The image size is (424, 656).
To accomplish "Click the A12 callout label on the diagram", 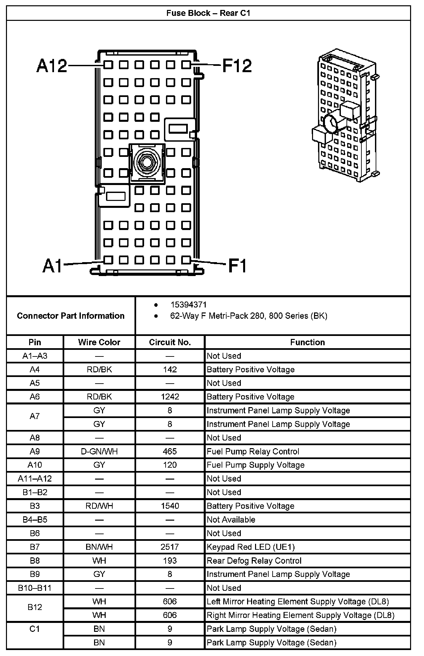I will [51, 66].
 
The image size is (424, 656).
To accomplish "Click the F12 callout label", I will [237, 66].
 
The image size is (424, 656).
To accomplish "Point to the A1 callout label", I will [53, 265].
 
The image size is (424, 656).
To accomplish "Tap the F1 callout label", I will [238, 265].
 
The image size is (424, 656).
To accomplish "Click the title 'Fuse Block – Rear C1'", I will [208, 13].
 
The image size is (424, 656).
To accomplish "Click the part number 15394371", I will [188, 305].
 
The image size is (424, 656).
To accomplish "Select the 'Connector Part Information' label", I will [71, 316].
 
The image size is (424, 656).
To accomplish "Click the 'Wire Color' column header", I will [99, 342].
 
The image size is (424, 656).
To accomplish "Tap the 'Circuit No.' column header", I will [170, 342].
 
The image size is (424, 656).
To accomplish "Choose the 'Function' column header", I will [307, 342].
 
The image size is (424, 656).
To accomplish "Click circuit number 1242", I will [170, 397].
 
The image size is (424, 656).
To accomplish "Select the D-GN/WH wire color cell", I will [99, 451].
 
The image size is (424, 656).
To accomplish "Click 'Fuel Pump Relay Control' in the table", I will [253, 451].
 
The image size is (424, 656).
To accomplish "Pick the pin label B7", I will [35, 547].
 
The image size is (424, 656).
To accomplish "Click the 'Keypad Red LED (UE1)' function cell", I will [251, 547].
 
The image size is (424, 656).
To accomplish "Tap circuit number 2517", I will [170, 547].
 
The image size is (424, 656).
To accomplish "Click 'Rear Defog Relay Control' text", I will [254, 561].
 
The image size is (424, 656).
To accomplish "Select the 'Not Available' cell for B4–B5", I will [231, 520].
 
